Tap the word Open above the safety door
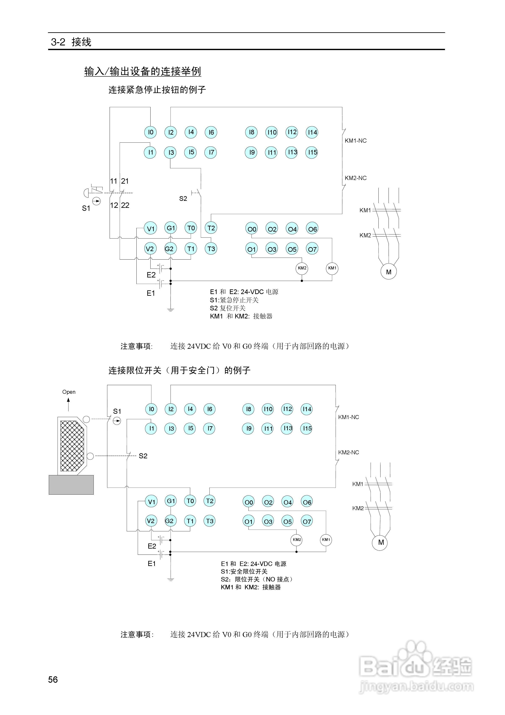tap(69, 392)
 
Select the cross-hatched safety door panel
tap(72, 445)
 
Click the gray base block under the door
tap(71, 484)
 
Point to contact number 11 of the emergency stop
tap(113, 181)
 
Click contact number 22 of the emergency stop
tap(125, 205)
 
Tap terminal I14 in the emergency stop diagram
tap(312, 132)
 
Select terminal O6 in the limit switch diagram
tap(307, 502)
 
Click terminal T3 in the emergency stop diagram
tap(211, 249)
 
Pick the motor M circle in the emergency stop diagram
tap(389, 272)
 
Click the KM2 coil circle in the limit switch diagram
tap(297, 540)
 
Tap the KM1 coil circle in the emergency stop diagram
tap(332, 268)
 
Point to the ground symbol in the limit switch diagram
tap(171, 580)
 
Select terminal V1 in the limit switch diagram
tap(151, 502)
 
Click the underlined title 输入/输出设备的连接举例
tap(143, 71)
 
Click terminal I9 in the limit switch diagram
tap(249, 428)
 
